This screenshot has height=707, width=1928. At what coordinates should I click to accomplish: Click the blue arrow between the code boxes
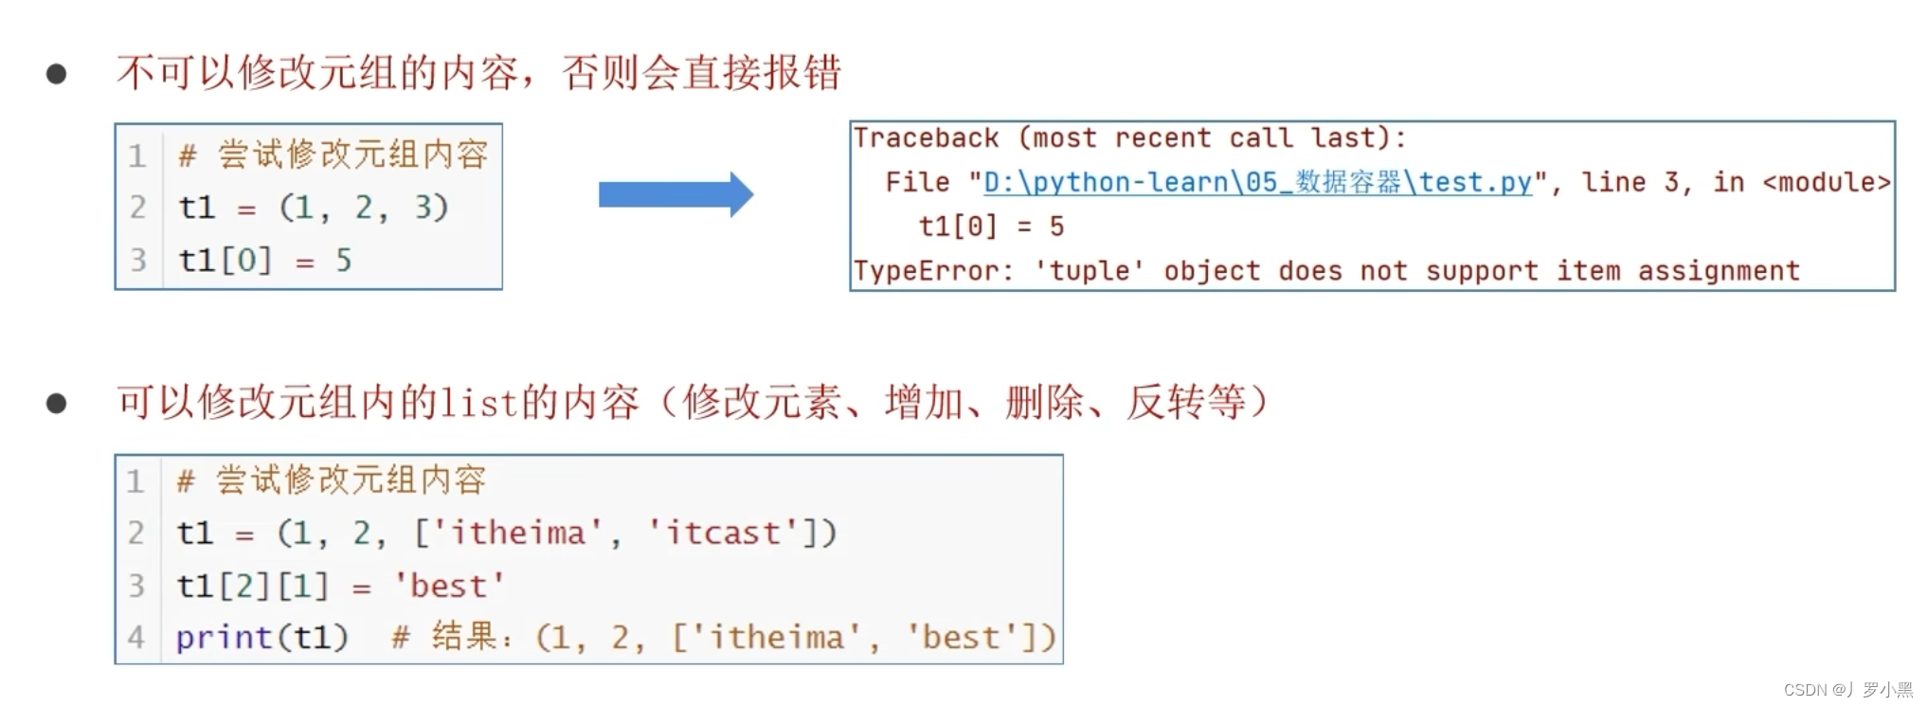click(x=675, y=195)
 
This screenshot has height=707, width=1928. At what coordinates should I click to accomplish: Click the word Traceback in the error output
click(x=926, y=138)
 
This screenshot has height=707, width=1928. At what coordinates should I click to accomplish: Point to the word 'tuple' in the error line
click(x=1089, y=271)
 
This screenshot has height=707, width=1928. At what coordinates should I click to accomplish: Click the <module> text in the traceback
click(x=1826, y=182)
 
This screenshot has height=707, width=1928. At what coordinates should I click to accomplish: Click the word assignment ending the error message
click(x=1719, y=271)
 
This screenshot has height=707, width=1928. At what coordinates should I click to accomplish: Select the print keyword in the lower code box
click(x=224, y=637)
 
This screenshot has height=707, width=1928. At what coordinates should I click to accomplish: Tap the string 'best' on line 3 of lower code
click(x=449, y=586)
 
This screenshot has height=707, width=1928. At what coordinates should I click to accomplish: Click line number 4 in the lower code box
click(x=136, y=637)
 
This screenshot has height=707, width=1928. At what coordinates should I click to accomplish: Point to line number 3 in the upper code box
click(x=138, y=260)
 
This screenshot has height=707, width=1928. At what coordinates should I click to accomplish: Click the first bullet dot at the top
click(x=57, y=74)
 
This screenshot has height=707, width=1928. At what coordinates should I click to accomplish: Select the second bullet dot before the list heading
click(x=57, y=404)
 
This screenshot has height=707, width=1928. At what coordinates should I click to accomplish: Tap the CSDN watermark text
click(x=1847, y=690)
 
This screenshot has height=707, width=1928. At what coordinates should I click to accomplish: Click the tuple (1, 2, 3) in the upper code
click(x=363, y=208)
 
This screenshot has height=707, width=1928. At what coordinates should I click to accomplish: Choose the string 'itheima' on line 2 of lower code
click(x=517, y=533)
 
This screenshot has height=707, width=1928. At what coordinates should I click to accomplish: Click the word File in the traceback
click(x=917, y=182)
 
